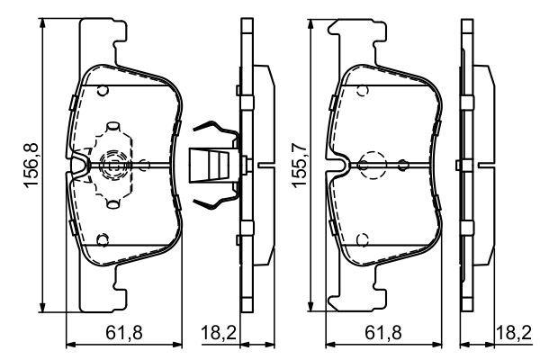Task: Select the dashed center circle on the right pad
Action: click(371, 165)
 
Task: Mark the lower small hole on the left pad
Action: click(103, 239)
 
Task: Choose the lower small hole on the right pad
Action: click(360, 239)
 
